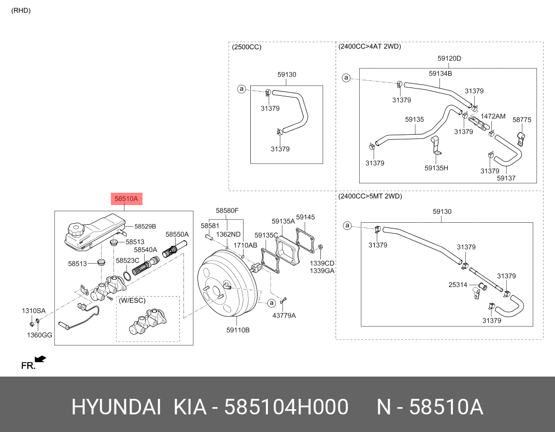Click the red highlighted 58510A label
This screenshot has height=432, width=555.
[126, 199]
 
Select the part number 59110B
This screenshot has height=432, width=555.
[238, 330]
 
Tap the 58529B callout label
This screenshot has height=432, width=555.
[145, 226]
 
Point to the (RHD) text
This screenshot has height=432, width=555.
[21, 10]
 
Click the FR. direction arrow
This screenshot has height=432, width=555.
[40, 358]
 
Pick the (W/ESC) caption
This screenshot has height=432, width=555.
[132, 300]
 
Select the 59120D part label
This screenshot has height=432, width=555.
[449, 59]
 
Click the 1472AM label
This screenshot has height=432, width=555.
[492, 117]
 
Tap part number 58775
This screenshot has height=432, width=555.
[522, 120]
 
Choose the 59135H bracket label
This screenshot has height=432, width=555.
[436, 168]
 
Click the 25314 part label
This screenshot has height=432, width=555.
[458, 285]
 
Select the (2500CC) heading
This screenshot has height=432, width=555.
[247, 47]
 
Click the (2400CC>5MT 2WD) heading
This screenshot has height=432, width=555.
[370, 196]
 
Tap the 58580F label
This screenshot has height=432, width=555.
[227, 210]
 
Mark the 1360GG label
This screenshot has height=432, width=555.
[40, 335]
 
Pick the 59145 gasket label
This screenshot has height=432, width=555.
[305, 218]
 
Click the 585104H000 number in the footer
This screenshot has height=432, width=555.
[286, 408]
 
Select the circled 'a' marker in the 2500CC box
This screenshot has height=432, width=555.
[241, 89]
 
